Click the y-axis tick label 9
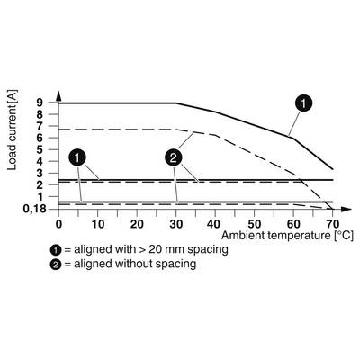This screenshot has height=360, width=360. click(x=40, y=103)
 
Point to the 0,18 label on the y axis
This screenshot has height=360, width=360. click(x=35, y=209)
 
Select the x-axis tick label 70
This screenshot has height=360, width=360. click(x=332, y=224)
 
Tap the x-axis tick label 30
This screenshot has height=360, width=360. click(x=175, y=224)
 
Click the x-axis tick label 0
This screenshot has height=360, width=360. click(x=58, y=224)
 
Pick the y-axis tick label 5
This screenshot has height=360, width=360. click(x=40, y=149)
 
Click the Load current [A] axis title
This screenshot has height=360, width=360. click(x=13, y=130)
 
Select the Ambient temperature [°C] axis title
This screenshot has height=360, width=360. click(x=287, y=236)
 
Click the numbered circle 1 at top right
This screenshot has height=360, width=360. click(x=303, y=103)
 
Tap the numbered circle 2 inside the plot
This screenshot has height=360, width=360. click(x=174, y=158)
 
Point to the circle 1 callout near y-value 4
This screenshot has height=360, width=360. click(x=77, y=158)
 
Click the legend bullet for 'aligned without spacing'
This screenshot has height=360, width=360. click(x=56, y=265)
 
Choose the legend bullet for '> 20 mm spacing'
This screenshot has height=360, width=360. click(x=56, y=249)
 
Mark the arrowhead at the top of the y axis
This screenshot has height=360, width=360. click(x=58, y=95)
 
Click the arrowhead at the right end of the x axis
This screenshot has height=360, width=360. click(x=346, y=209)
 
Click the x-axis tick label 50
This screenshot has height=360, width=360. click(x=254, y=224)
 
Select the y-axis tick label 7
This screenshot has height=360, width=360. click(x=40, y=126)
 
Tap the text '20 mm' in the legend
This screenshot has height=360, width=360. click(x=166, y=249)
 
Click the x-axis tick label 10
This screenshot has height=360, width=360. click(x=97, y=224)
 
